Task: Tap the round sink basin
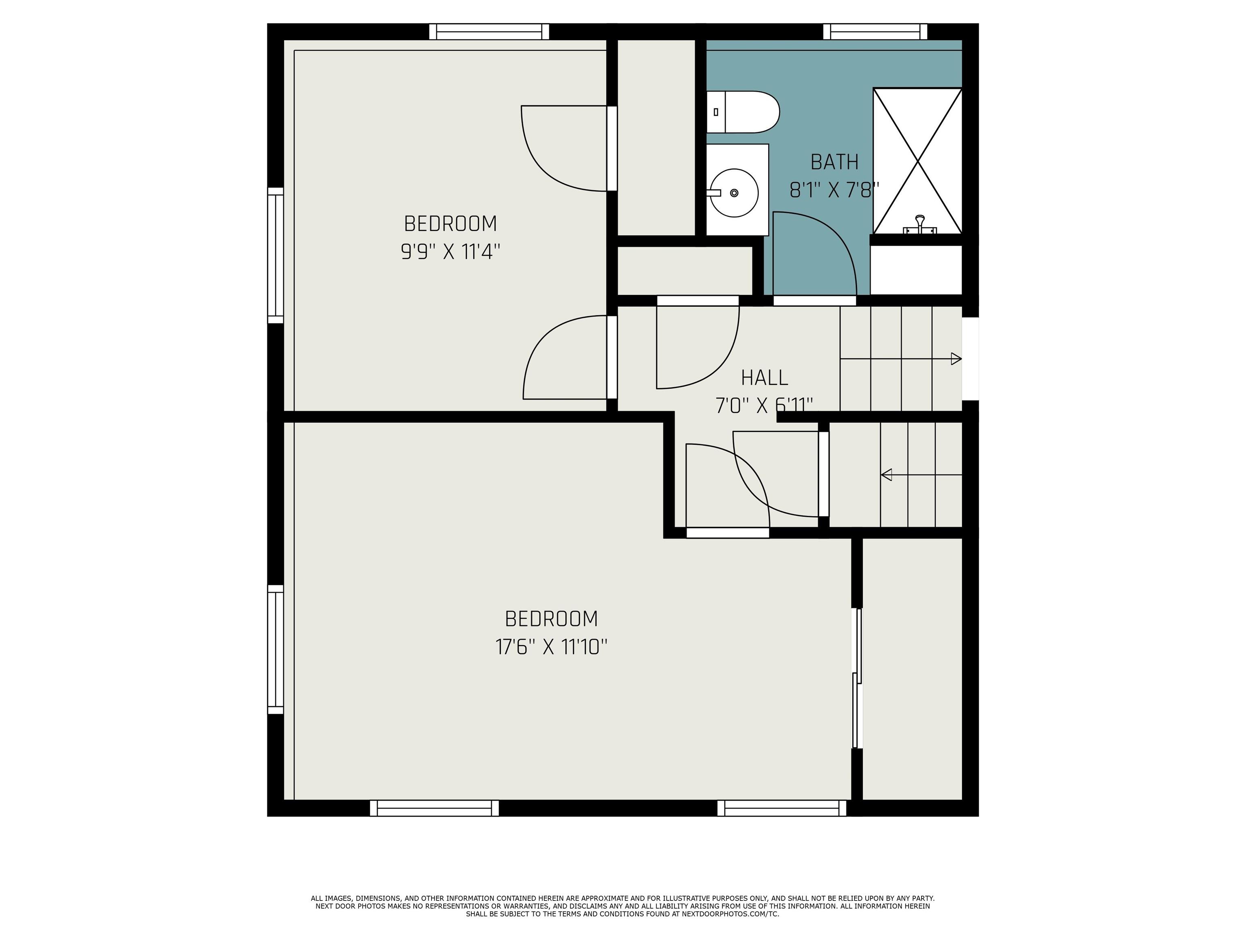pos(735,193)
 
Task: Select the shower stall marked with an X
pos(917,161)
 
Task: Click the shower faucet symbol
pos(920,225)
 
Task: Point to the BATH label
pos(834,162)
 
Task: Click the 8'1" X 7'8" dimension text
pos(834,190)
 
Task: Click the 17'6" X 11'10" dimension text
pos(551,647)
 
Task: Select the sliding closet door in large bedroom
pos(857,678)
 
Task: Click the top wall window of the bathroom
pos(875,32)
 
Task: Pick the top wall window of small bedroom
pos(489,32)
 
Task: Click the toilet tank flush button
pos(716,112)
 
